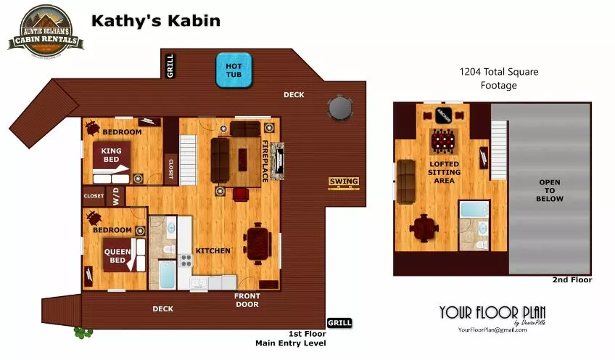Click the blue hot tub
tap(233, 70)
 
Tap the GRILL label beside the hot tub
tap(170, 65)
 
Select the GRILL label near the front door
tap(339, 322)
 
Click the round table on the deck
tap(340, 109)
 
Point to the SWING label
tap(344, 181)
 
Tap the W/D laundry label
tap(115, 197)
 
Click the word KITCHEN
tap(212, 251)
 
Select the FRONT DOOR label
tap(247, 300)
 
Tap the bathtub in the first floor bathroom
tap(167, 277)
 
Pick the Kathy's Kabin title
tap(156, 20)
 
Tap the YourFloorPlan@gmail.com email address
tap(492, 330)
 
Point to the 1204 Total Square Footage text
tap(499, 78)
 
